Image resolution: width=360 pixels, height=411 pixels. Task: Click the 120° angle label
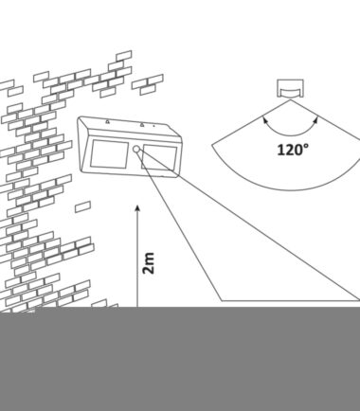pos(293,149)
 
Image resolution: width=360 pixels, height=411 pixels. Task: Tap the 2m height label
pos(149,263)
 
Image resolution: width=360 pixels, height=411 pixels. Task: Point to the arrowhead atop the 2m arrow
pos(137,208)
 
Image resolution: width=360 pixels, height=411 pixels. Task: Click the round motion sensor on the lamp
pos(136,149)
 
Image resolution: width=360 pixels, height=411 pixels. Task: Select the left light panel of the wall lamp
pos(109,154)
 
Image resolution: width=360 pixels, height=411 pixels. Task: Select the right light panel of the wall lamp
pos(159,157)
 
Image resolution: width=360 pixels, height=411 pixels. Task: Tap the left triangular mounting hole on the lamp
pos(107,120)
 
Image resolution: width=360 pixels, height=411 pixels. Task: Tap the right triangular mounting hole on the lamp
pos(142,125)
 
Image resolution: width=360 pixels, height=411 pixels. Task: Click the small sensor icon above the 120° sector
pos(290,88)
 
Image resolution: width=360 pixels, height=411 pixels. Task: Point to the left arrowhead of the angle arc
pos(264,119)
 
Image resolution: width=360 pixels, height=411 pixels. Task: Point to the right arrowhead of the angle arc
pos(315,119)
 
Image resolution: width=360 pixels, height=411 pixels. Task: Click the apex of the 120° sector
pos(290,99)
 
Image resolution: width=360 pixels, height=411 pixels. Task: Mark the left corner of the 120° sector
pos(212,145)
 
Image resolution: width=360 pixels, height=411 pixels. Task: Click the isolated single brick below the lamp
pos(83,206)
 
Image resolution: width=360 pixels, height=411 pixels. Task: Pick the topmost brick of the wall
pos(124,56)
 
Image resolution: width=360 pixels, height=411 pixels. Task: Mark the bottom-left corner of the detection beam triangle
pos(222,300)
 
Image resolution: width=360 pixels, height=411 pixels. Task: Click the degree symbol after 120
pos(306,146)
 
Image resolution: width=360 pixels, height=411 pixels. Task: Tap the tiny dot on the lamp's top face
pos(153,126)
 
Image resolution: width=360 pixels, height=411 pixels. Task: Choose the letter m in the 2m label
pos(149,258)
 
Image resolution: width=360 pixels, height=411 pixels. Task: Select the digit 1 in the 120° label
pos(280,150)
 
